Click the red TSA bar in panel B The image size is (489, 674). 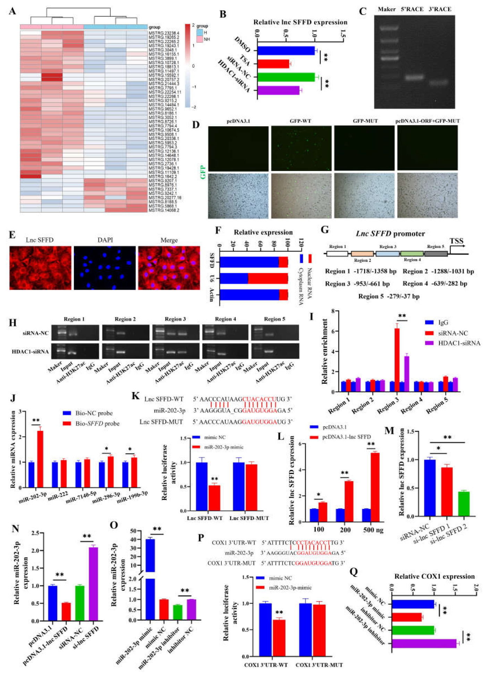coord(273,64)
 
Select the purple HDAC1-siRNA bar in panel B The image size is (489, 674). coord(278,90)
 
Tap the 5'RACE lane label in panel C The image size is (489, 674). coord(412,9)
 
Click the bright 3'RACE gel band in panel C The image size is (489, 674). coord(439,83)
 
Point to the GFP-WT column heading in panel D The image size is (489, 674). coord(300,121)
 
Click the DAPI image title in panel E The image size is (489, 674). coord(105,240)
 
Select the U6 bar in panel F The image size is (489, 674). coord(254,279)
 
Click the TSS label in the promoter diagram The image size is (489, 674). coord(456,241)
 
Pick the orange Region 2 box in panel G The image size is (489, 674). coord(362,254)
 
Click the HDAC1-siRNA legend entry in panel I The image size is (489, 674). coord(459,343)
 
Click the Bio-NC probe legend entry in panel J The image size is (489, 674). coord(94,413)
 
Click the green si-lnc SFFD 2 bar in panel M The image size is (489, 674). coord(464,504)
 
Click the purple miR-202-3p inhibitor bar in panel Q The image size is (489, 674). coord(424,643)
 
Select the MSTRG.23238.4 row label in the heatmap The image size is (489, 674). coord(164,33)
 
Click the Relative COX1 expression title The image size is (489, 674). coord(434,577)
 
